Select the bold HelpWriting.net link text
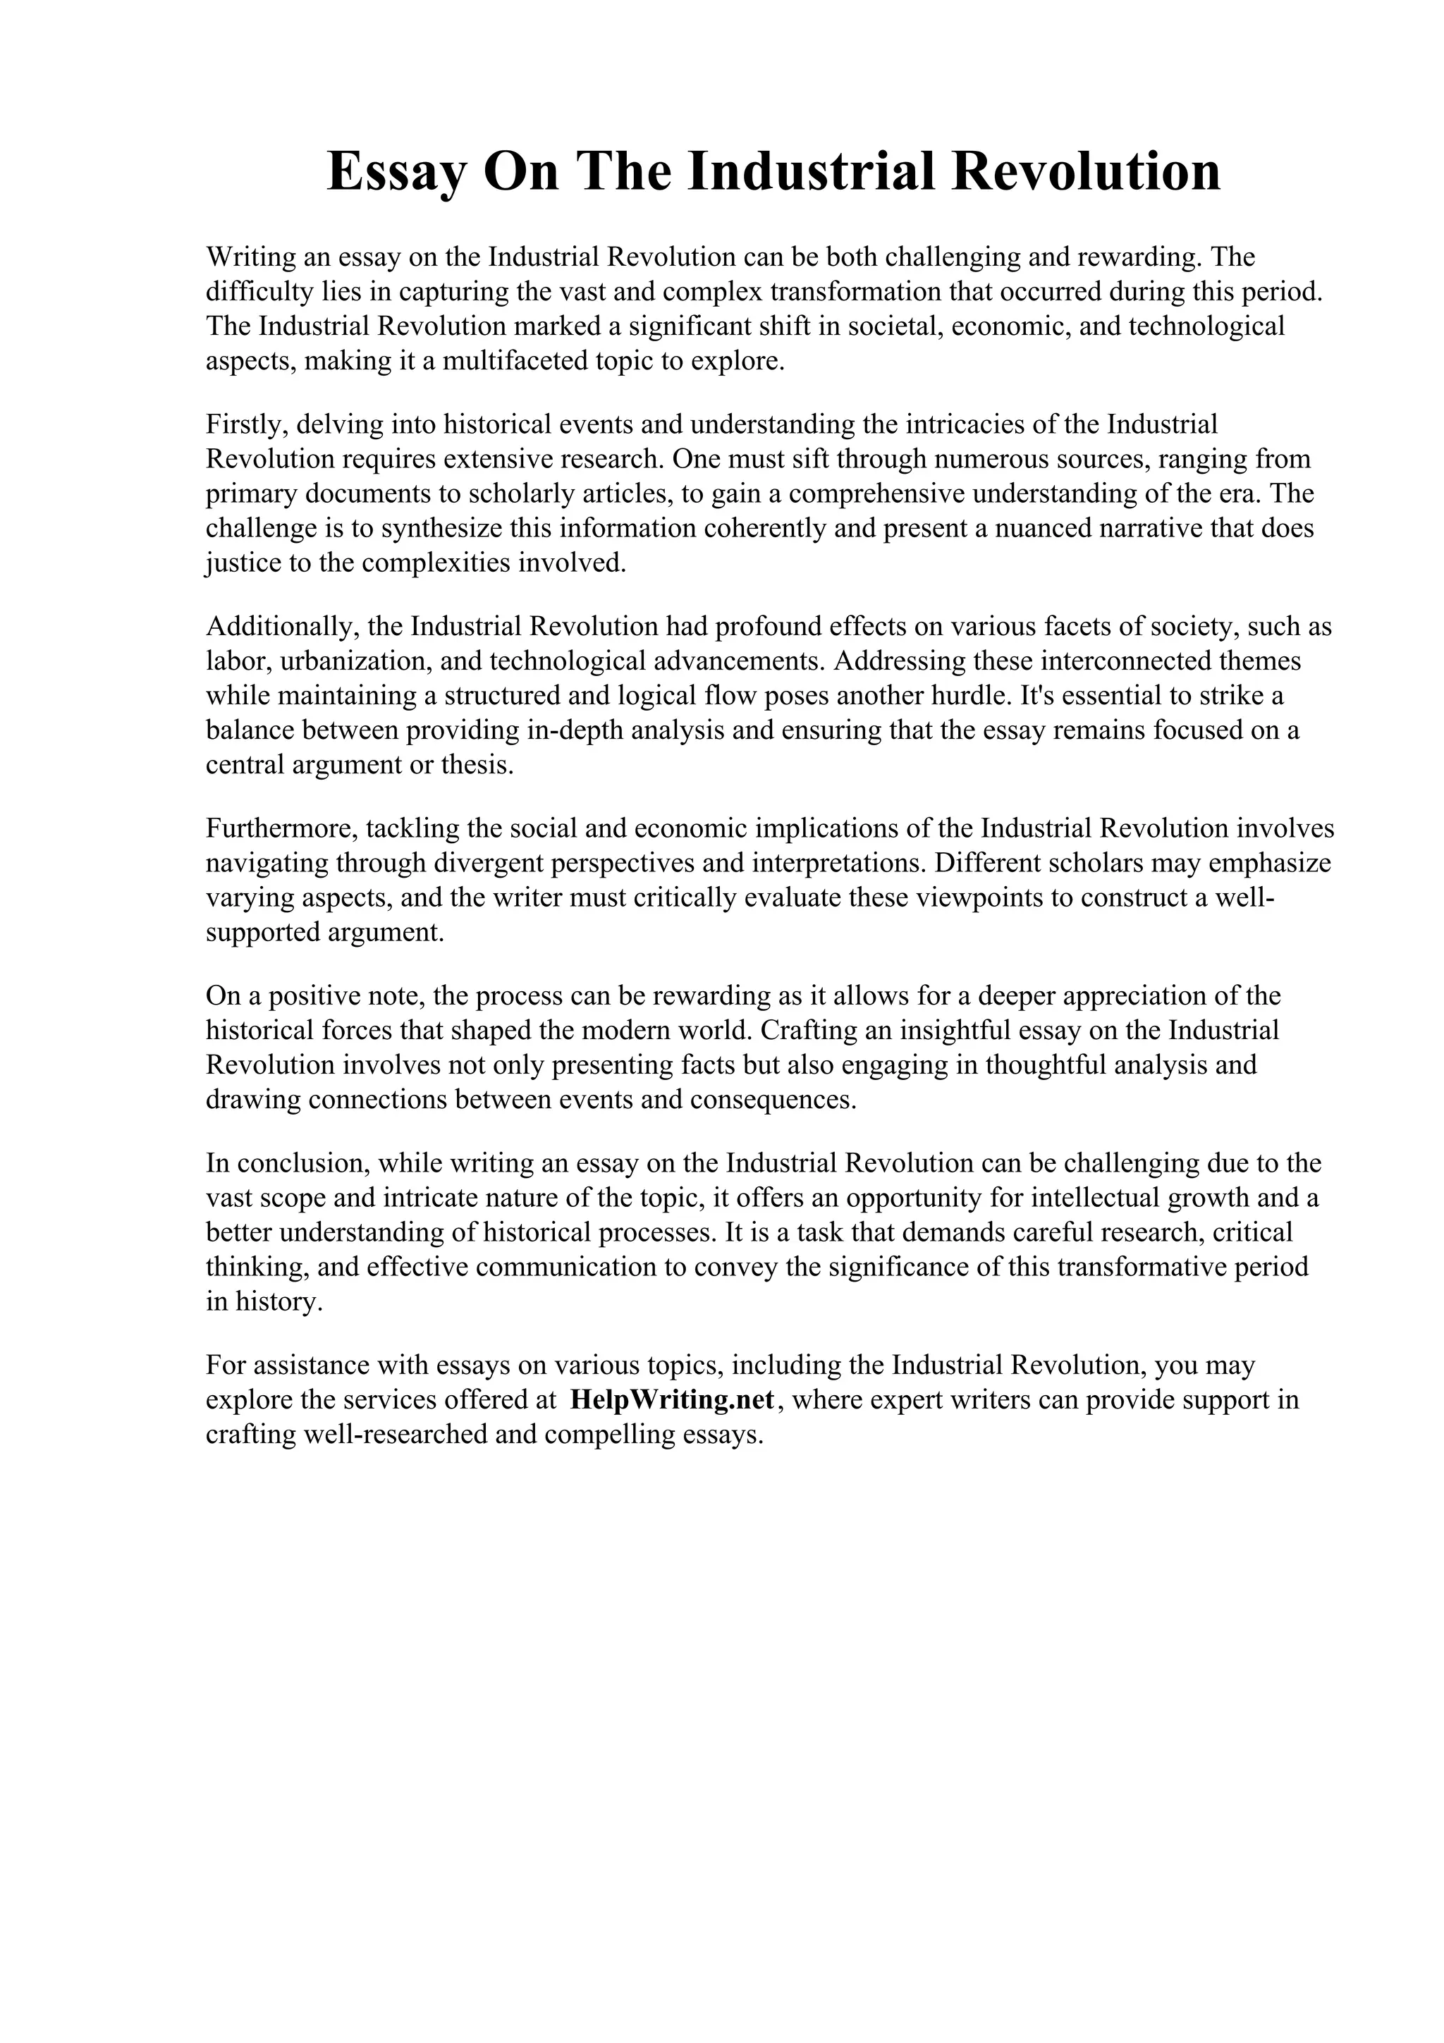(672, 1399)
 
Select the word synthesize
(442, 529)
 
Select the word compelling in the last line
(608, 1435)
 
